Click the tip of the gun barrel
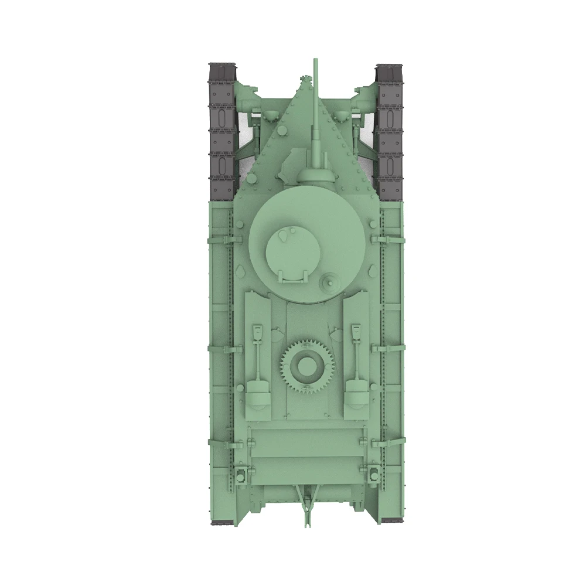pyautogui.click(x=315, y=60)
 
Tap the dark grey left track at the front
pyautogui.click(x=223, y=129)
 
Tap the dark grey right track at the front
pyautogui.click(x=390, y=129)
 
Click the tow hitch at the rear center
pyautogui.click(x=306, y=504)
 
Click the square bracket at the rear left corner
pyautogui.click(x=241, y=472)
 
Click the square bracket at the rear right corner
pyautogui.click(x=372, y=472)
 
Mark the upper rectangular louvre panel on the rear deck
pyautogui.click(x=306, y=442)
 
